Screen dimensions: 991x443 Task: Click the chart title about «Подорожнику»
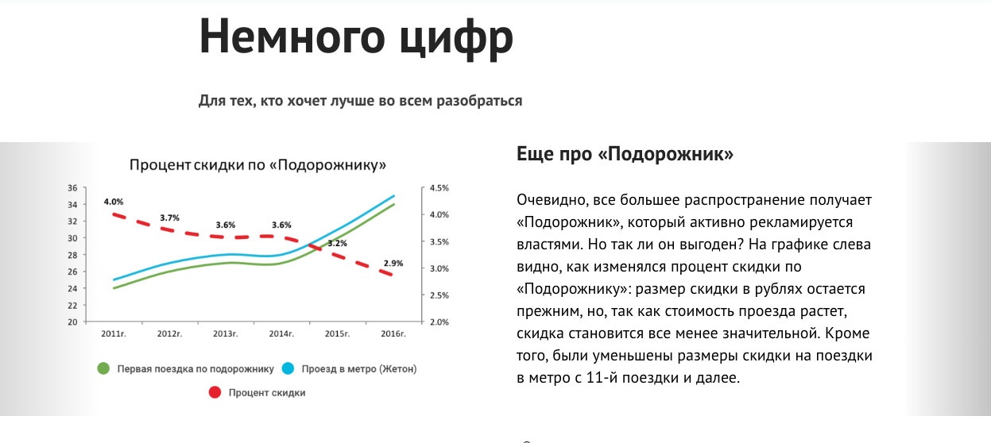click(257, 165)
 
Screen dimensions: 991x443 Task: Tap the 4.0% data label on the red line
click(114, 202)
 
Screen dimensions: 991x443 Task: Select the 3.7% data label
click(169, 218)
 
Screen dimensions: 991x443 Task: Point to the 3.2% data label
click(337, 243)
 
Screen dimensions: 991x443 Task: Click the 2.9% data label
click(393, 264)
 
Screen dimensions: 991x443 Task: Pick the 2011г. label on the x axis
click(114, 333)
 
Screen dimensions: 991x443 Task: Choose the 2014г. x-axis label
click(281, 333)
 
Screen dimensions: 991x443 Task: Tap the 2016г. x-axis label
click(393, 333)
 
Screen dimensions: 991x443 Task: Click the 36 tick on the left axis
click(72, 188)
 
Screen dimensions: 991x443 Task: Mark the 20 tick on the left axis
click(72, 322)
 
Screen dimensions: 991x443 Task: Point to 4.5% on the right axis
click(439, 188)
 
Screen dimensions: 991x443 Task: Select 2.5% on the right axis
click(439, 295)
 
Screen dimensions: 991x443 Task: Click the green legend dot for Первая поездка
click(103, 368)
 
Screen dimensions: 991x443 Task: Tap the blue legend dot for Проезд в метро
click(288, 368)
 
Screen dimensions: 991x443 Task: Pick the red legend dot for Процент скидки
click(215, 393)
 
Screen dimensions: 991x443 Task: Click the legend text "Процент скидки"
click(267, 393)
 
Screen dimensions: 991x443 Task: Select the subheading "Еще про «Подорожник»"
click(625, 154)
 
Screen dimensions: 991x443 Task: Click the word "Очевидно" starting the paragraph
click(552, 200)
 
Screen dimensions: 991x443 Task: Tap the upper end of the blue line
click(393, 195)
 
